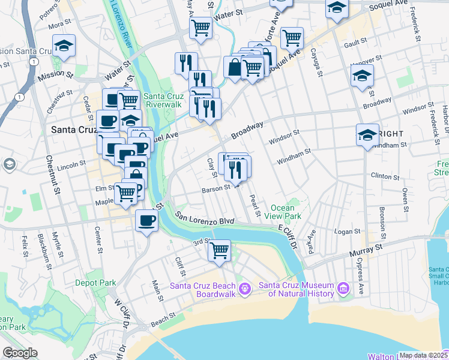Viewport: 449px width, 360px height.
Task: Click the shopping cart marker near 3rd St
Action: (220, 250)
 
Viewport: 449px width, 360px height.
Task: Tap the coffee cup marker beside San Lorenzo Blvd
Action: (147, 221)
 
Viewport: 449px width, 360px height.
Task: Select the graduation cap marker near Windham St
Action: (367, 135)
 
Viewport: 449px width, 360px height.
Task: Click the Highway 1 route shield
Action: (21, 97)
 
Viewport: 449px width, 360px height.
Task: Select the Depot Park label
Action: (95, 282)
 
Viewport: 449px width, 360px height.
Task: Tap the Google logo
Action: (20, 353)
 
